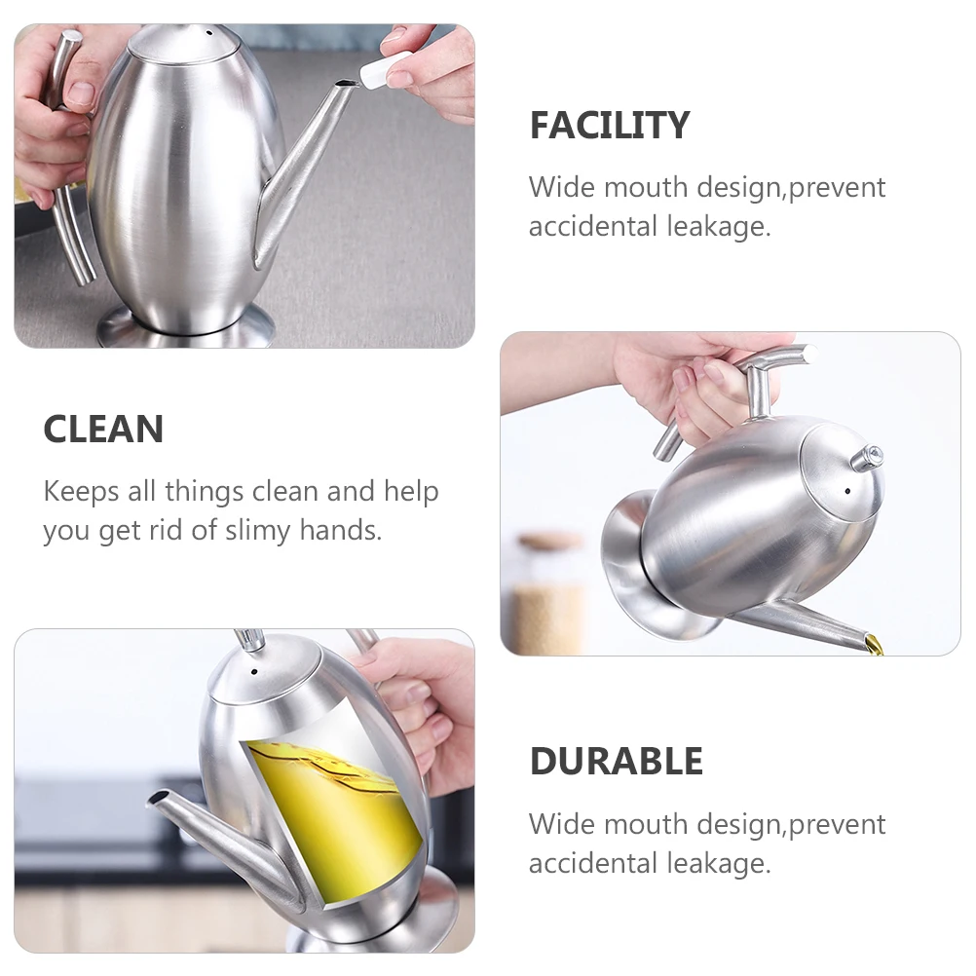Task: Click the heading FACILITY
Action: tap(609, 126)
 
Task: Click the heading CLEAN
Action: tap(103, 430)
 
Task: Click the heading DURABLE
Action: tap(616, 761)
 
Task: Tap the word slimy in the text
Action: tap(257, 531)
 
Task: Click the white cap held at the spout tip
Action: tap(383, 73)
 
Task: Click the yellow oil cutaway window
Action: tap(331, 808)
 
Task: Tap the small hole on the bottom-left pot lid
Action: tap(255, 671)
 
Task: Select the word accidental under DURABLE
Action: tap(593, 863)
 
